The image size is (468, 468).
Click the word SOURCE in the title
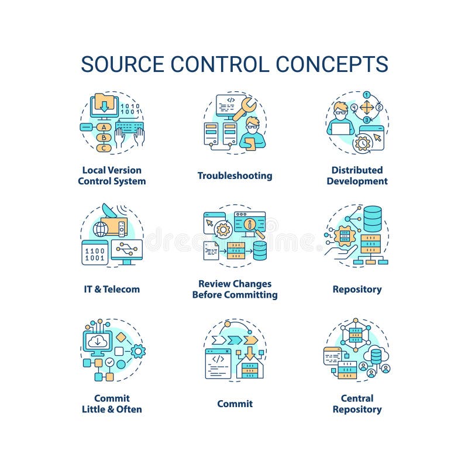pyautogui.click(x=119, y=64)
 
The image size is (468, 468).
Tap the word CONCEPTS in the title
pyautogui.click(x=333, y=64)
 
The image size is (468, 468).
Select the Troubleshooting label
pyautogui.click(x=235, y=175)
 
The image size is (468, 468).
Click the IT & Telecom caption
pyautogui.click(x=111, y=289)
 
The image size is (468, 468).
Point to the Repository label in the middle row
pyautogui.click(x=357, y=289)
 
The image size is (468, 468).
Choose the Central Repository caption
pyautogui.click(x=357, y=404)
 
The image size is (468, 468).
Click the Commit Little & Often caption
pyautogui.click(x=111, y=404)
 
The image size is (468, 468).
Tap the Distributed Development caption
pyautogui.click(x=357, y=175)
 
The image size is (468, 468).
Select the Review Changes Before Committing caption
pyautogui.click(x=235, y=289)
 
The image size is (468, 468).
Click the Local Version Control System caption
pyautogui.click(x=111, y=175)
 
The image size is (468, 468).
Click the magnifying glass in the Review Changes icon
pyautogui.click(x=254, y=225)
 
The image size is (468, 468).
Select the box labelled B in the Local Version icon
pyautogui.click(x=104, y=137)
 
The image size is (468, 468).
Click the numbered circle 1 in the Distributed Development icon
pyautogui.click(x=367, y=94)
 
